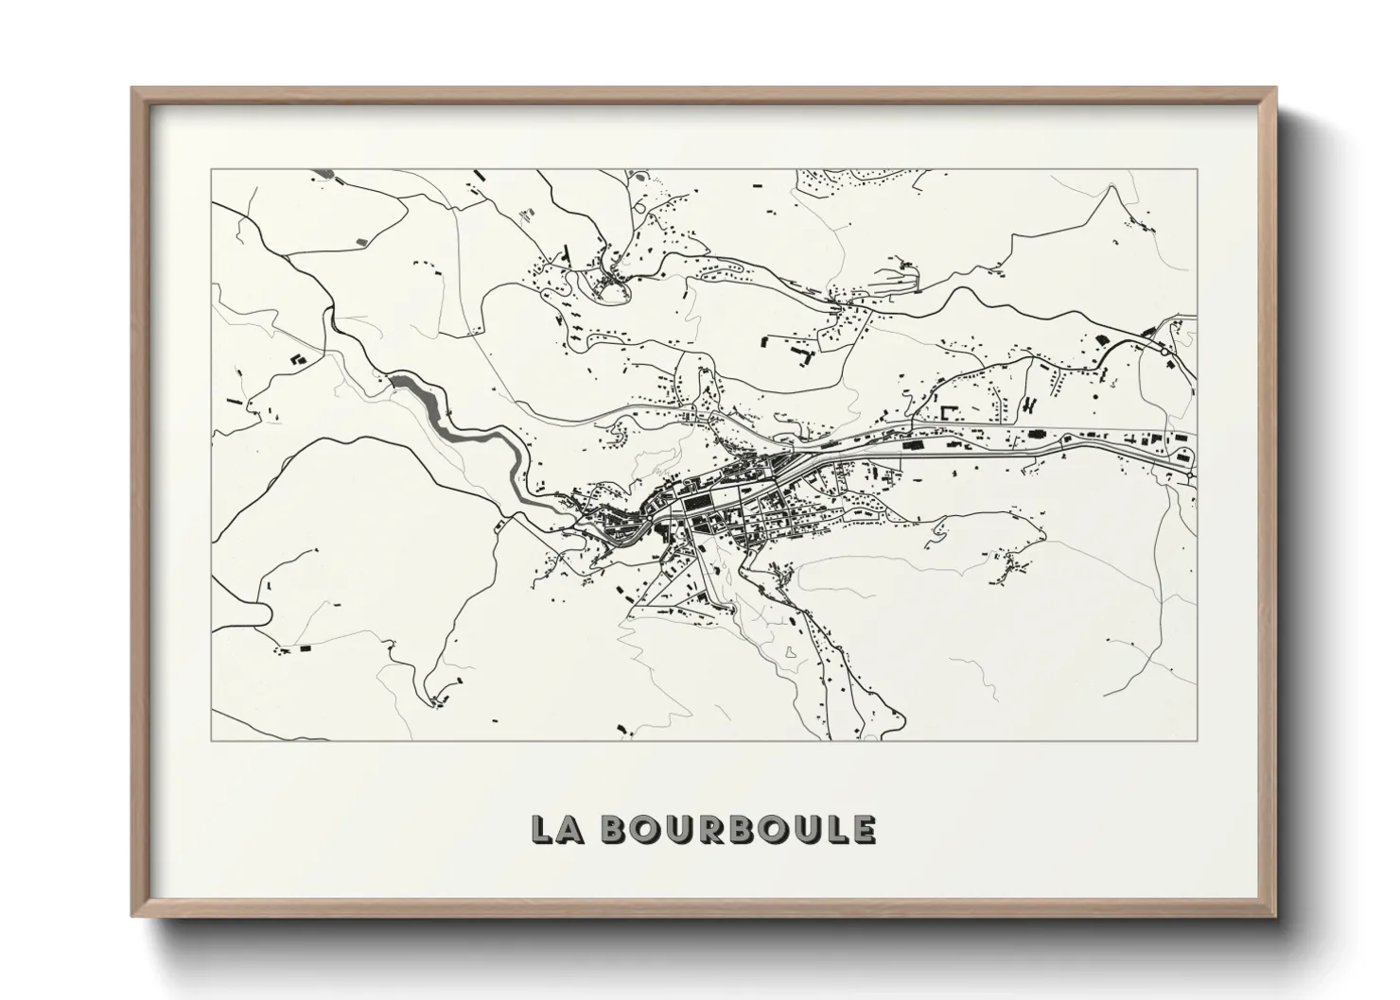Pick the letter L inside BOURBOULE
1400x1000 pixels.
(x=832, y=829)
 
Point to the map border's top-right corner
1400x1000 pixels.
(x=1197, y=170)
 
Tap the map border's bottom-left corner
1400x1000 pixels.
(x=211, y=740)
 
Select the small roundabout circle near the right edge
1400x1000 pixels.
(x=1163, y=350)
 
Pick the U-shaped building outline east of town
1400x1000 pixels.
(x=949, y=413)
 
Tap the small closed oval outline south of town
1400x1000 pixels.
(x=790, y=651)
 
